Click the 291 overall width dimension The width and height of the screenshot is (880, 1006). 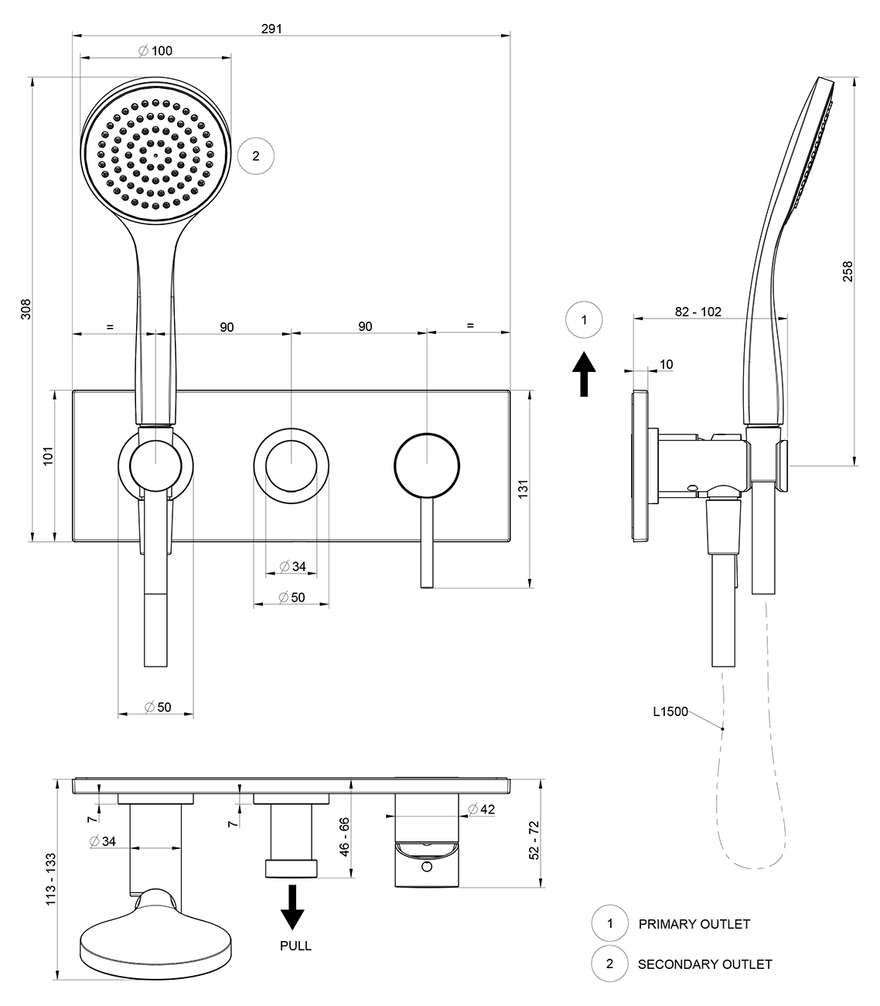coord(271,29)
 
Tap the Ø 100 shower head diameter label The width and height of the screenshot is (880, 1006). coord(155,50)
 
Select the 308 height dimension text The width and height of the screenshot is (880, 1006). coord(26,309)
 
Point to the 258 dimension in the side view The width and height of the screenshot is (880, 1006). coord(848,271)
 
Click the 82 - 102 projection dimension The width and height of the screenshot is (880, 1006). coord(698,312)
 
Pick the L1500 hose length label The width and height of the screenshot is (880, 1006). coord(670,711)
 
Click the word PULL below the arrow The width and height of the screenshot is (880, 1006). coord(295,946)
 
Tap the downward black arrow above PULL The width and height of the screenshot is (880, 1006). coord(292,907)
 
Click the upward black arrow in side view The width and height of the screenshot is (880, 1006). coord(584,373)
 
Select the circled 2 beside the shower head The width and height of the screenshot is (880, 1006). coord(256,156)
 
